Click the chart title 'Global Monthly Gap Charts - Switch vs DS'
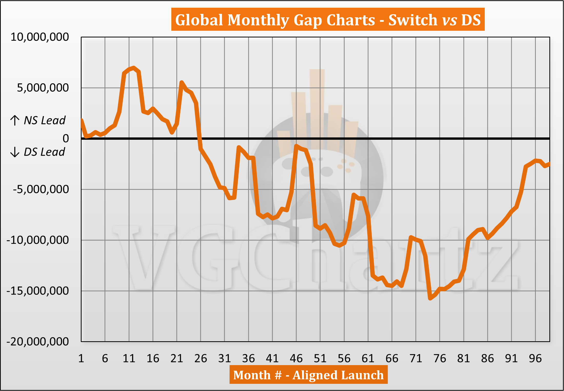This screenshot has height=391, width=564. coord(328,20)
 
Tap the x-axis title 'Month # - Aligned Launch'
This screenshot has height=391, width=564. coord(308,375)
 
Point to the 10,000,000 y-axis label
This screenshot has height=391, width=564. coord(40,37)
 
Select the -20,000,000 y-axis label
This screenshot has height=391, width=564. coord(38,342)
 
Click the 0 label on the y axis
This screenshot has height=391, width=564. coord(66,139)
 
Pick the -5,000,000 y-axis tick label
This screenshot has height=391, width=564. coord(41,189)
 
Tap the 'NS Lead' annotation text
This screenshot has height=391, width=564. coord(45,120)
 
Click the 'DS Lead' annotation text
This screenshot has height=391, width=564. coord(44,152)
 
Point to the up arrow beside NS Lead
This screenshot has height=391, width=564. coord(15,120)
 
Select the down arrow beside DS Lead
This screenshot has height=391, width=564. coord(15,152)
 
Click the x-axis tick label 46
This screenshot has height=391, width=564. coord(296,358)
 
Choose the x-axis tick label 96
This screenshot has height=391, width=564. coord(535,358)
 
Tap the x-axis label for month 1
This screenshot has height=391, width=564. coord(81,358)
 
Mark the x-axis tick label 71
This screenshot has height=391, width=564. coord(416,358)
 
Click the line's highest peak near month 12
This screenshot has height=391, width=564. coord(134,68)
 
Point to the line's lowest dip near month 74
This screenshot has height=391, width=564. coord(430,298)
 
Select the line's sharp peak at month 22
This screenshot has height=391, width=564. coord(182,82)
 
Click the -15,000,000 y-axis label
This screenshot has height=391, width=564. coord(38,291)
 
